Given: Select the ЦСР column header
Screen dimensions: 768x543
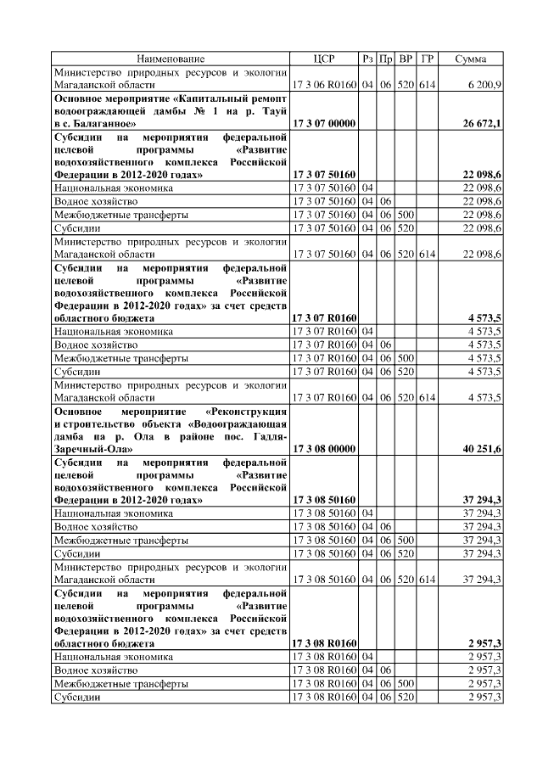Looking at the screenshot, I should click(x=323, y=59).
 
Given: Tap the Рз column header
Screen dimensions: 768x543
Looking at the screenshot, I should click(x=367, y=59).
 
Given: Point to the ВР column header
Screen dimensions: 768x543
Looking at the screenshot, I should click(x=406, y=59).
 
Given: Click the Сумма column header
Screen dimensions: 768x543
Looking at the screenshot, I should click(x=471, y=59).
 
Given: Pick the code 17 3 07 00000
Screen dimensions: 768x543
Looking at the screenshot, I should click(x=323, y=124).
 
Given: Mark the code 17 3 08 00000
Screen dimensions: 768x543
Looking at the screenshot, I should click(x=323, y=449).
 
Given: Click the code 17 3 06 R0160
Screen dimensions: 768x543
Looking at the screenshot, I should click(x=323, y=87).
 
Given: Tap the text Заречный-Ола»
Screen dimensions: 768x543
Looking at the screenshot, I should click(x=90, y=449).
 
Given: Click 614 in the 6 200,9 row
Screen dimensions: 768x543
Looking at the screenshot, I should click(x=428, y=87).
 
